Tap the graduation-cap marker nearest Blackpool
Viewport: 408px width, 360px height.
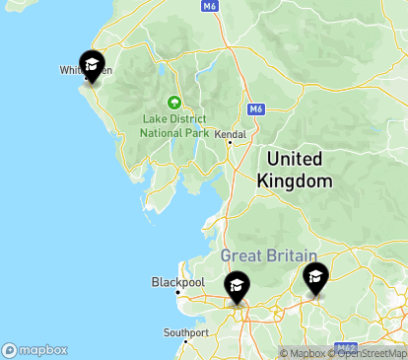point(237,287)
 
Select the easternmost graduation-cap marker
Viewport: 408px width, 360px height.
point(315,277)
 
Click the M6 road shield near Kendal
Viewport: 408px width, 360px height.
point(256,108)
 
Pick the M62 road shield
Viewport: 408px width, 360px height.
point(346,346)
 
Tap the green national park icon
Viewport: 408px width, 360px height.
point(174,102)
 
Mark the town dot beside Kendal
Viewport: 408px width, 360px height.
point(230,143)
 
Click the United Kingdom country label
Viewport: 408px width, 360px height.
point(295,170)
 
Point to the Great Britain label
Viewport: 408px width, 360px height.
point(267,254)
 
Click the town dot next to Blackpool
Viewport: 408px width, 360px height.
point(176,292)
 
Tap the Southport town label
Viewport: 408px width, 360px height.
point(186,332)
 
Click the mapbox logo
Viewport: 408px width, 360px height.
point(35,349)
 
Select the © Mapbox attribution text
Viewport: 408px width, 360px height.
point(307,353)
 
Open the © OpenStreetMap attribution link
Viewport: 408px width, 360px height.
point(370,353)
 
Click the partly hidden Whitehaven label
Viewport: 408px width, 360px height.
point(71,70)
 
